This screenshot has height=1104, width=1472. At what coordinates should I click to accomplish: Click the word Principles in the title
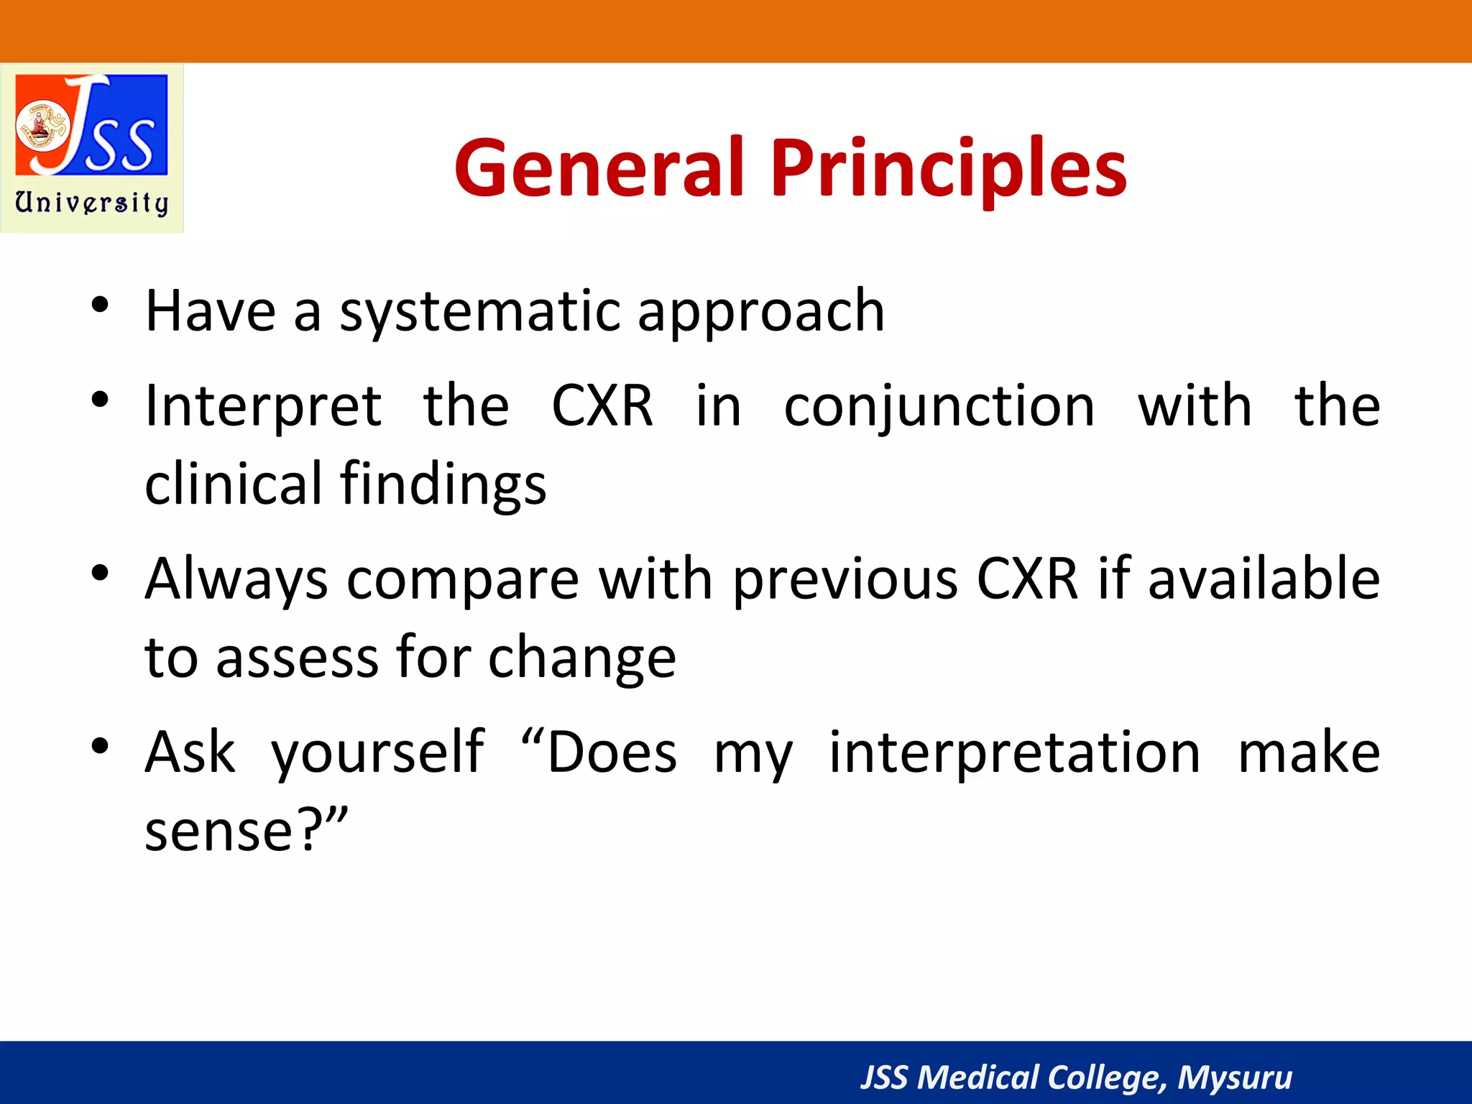948,170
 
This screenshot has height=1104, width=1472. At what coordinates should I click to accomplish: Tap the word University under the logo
92,203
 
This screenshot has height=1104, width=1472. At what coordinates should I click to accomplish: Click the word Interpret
263,407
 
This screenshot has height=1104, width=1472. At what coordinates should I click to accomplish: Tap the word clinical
233,483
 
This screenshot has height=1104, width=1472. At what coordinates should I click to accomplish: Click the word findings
443,484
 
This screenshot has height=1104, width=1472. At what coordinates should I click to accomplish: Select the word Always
236,579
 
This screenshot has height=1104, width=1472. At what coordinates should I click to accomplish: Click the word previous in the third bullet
845,579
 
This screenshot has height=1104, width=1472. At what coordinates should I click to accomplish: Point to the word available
1264,579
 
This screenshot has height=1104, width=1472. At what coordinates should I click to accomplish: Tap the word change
581,658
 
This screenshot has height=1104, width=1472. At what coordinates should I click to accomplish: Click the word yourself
377,753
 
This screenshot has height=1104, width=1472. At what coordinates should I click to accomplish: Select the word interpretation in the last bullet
1014,753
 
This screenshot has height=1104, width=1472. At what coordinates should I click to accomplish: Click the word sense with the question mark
245,831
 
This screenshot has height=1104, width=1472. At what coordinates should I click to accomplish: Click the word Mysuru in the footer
1234,1077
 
